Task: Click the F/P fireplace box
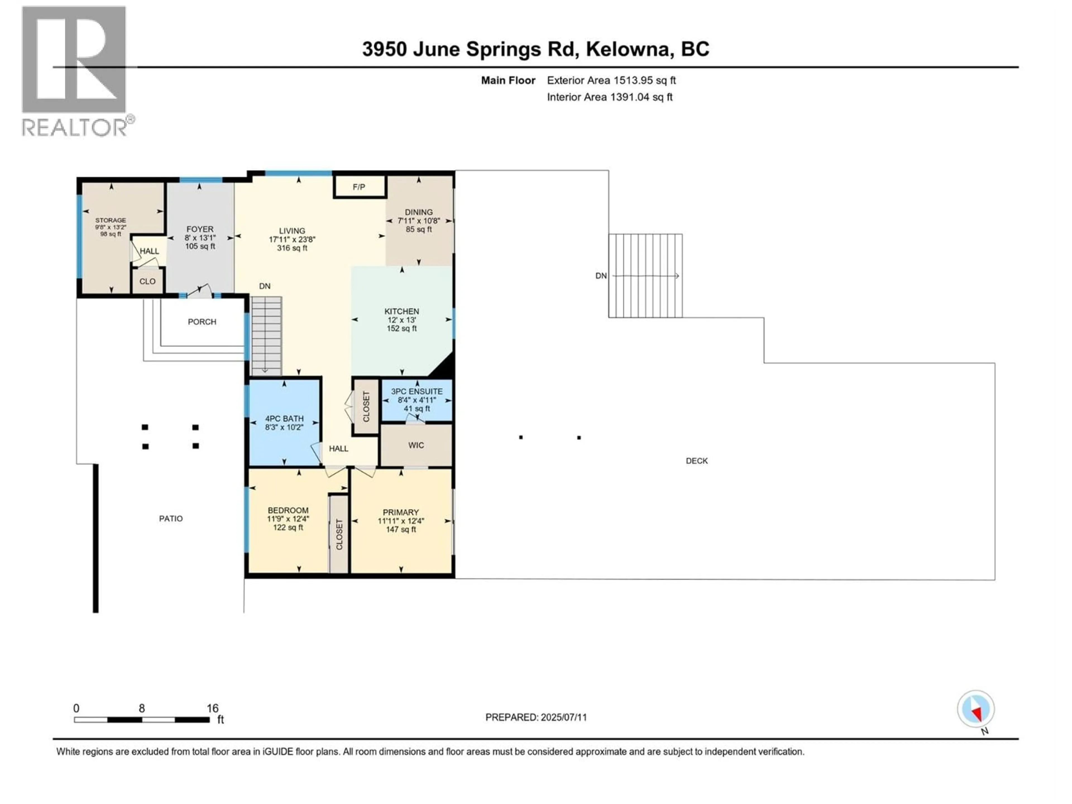[359, 186]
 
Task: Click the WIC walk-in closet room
[416, 445]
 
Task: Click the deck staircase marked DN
[645, 276]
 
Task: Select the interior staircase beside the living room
[266, 334]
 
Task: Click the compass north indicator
[976, 709]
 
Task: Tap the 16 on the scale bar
[212, 708]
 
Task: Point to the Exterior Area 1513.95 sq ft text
[611, 80]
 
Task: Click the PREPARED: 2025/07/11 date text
[536, 717]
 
